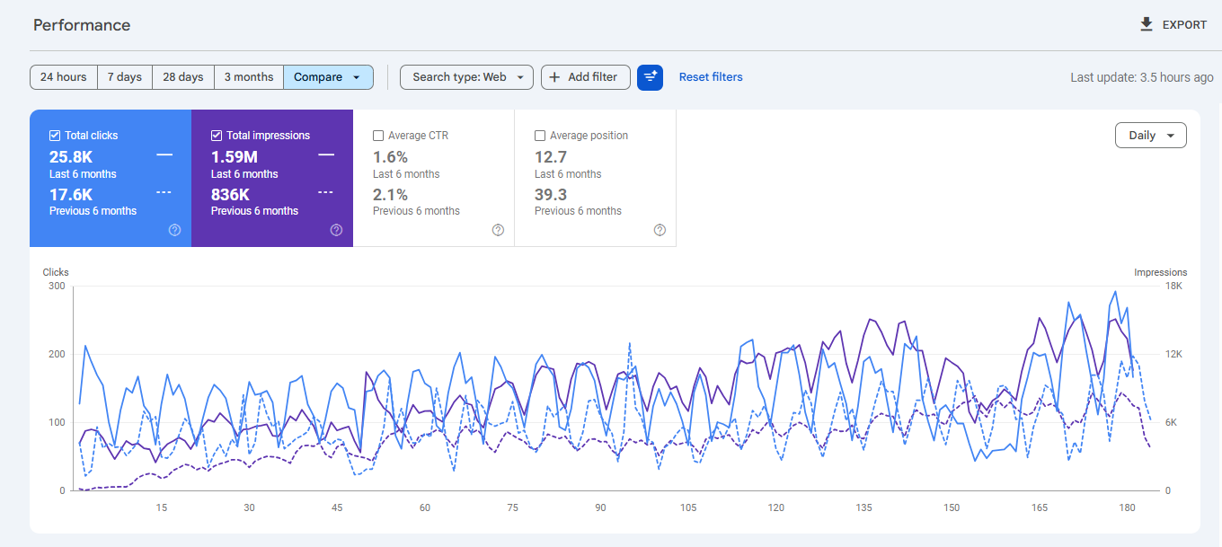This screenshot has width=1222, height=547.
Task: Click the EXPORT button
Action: (x=1174, y=25)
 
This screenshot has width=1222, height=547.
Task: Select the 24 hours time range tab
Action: (x=64, y=77)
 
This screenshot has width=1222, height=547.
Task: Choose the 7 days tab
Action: (x=125, y=77)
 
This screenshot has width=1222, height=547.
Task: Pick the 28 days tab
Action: (x=183, y=77)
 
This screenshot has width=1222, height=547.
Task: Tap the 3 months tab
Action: (x=249, y=77)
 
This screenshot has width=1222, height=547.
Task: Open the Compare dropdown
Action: (x=328, y=77)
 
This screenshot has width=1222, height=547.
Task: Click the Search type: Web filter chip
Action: (x=466, y=77)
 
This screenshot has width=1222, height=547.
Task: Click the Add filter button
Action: (x=585, y=77)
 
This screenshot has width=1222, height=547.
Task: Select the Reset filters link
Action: (x=711, y=77)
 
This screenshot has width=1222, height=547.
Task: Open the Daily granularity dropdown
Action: (x=1150, y=136)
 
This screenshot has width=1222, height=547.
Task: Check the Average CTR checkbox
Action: (x=378, y=136)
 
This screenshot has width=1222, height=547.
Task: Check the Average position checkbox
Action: (x=540, y=136)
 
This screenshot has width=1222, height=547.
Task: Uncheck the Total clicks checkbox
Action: (x=55, y=136)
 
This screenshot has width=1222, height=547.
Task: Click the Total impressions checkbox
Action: (x=217, y=136)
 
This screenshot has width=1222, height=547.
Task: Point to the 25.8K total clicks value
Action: (x=71, y=157)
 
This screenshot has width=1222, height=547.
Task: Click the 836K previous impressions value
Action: (x=230, y=195)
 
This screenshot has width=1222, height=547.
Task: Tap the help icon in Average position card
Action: (x=660, y=230)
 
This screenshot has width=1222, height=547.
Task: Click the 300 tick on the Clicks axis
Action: (x=57, y=286)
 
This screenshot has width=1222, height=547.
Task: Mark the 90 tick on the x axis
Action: (x=600, y=507)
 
